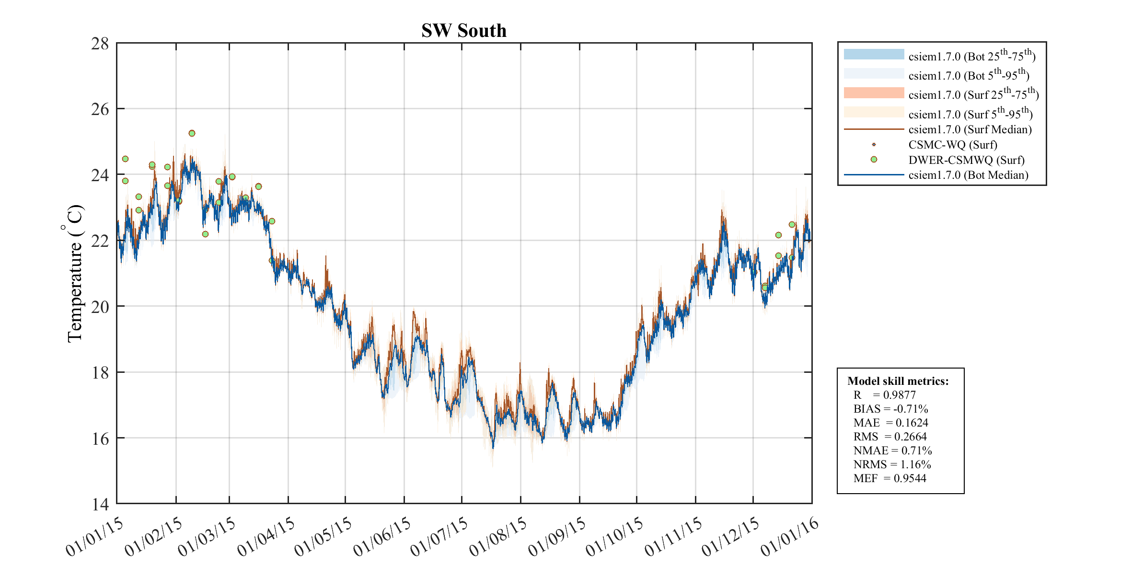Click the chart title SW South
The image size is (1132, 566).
tap(463, 31)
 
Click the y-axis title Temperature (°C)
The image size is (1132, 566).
tap(75, 273)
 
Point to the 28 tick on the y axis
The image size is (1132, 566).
tap(100, 44)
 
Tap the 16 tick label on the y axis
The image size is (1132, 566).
tap(100, 439)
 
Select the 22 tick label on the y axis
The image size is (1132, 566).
tap(100, 241)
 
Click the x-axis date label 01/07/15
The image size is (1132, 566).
tap(439, 536)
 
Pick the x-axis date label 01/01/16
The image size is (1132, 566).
tap(789, 536)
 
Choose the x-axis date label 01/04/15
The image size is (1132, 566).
tap(266, 536)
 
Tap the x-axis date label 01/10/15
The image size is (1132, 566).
tap(614, 536)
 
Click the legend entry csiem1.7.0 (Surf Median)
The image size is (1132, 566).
tap(970, 129)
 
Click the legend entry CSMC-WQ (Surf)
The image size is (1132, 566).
tap(952, 145)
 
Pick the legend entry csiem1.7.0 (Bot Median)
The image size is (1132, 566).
tap(968, 175)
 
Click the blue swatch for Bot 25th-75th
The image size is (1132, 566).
tap(874, 54)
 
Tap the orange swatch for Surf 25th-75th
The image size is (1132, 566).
tap(874, 93)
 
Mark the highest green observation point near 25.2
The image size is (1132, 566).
tap(192, 133)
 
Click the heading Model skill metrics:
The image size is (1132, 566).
tap(898, 381)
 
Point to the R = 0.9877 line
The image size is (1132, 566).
tap(884, 395)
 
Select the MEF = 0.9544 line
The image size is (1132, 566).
tap(889, 478)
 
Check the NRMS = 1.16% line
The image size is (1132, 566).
tap(892, 464)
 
